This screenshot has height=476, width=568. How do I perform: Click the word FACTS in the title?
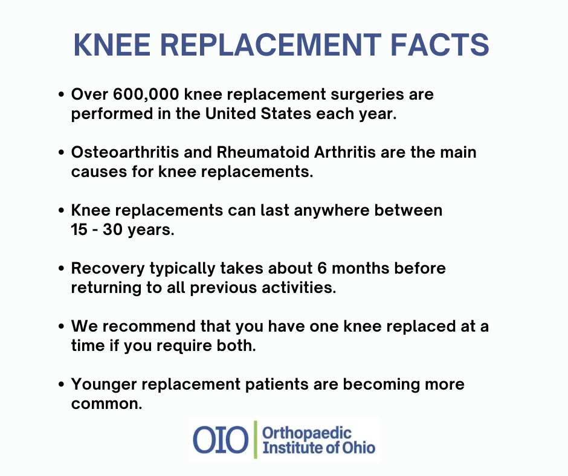pyautogui.click(x=440, y=45)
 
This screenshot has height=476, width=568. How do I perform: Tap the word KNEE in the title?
pyautogui.click(x=112, y=45)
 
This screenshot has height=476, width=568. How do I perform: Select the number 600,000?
pyautogui.click(x=146, y=95)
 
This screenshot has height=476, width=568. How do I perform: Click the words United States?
pyautogui.click(x=258, y=114)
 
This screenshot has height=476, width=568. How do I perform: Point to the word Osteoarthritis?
pyautogui.click(x=125, y=152)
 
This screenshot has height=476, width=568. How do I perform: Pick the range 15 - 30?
pyautogui.click(x=96, y=230)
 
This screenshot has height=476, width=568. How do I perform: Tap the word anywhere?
pyautogui.click(x=332, y=210)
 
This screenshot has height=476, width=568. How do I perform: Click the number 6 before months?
pyautogui.click(x=322, y=268)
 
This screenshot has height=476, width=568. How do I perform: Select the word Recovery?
pyautogui.click(x=108, y=269)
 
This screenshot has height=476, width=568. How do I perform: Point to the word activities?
pyautogui.click(x=299, y=288)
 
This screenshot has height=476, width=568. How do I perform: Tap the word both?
pyautogui.click(x=236, y=346)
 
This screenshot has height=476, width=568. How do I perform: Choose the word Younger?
pyautogui.click(x=104, y=385)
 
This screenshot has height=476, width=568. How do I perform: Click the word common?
pyautogui.click(x=107, y=404)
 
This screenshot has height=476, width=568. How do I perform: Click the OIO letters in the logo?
pyautogui.click(x=221, y=440)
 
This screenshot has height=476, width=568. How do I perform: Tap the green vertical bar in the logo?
pyautogui.click(x=256, y=440)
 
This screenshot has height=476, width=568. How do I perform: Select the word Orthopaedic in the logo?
pyautogui.click(x=307, y=434)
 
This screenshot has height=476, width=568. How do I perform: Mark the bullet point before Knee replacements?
pyautogui.click(x=61, y=210)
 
